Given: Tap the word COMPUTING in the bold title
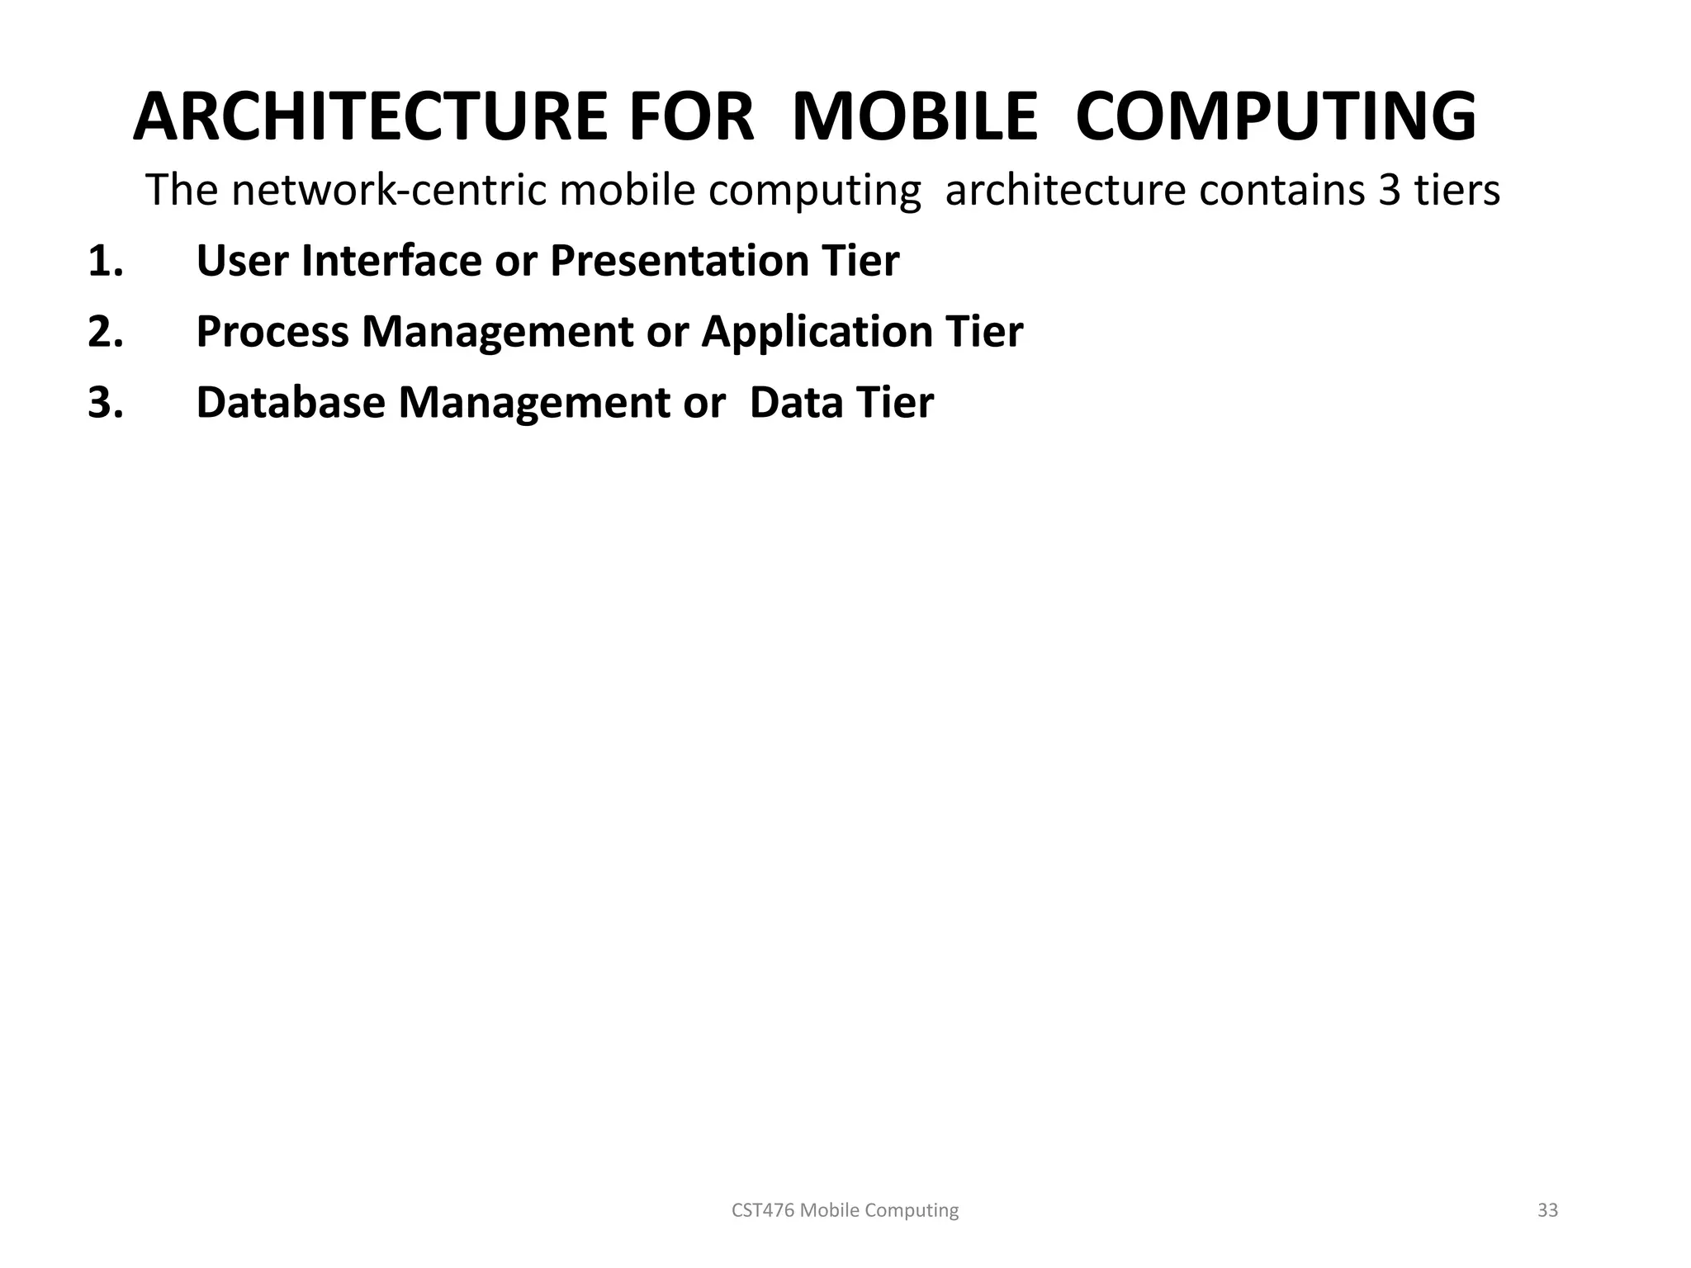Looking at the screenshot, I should pyautogui.click(x=1276, y=117).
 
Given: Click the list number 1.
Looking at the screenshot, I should pyautogui.click(x=105, y=262).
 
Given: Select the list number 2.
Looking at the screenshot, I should pyautogui.click(x=105, y=332).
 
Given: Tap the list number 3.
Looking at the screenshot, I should pyautogui.click(x=105, y=403).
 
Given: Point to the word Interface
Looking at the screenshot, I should pyautogui.click(x=391, y=262).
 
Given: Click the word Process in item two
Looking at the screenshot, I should pyautogui.click(x=272, y=332).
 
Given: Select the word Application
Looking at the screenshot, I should pyautogui.click(x=817, y=332).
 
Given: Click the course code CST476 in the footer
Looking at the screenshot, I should pyautogui.click(x=763, y=1210).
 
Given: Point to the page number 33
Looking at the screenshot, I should pyautogui.click(x=1547, y=1210).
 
